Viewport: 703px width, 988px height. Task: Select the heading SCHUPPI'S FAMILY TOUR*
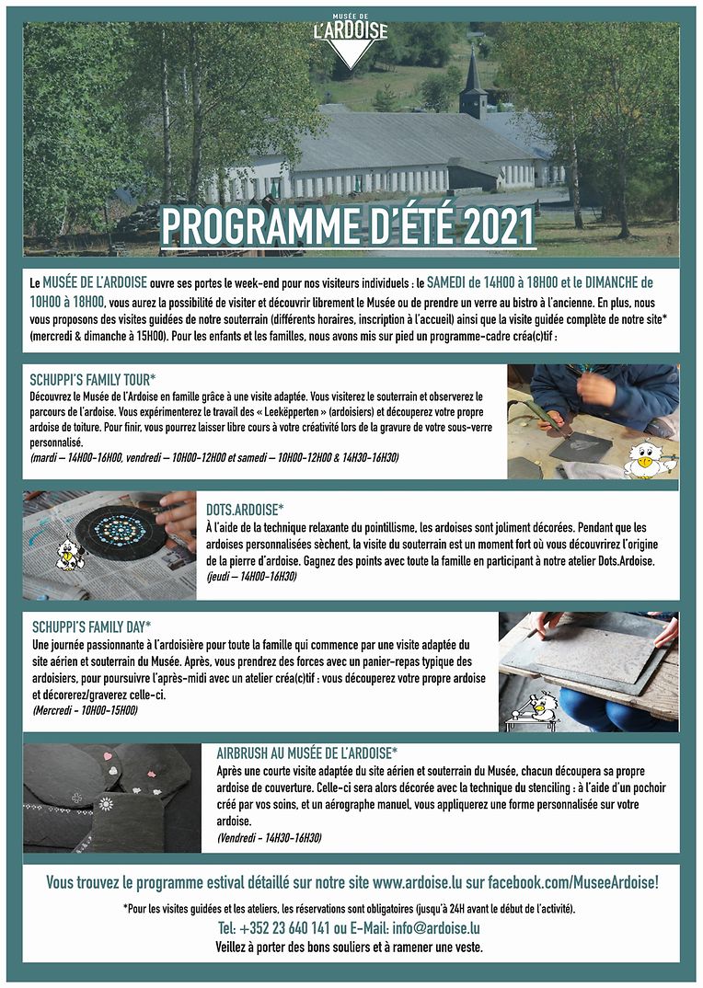point(93,378)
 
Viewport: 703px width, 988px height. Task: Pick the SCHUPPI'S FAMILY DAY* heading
point(92,626)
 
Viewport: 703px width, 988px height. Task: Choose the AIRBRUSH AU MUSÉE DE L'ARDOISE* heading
point(306,752)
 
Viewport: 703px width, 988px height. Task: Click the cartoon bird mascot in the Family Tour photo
point(647,457)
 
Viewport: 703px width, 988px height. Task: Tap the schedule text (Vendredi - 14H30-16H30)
point(270,837)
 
